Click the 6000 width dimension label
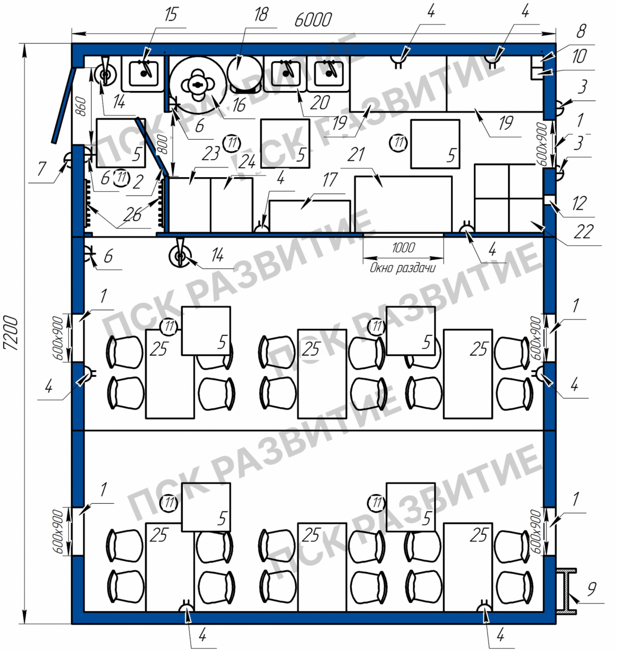click(313, 19)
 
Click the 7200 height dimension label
click(10, 333)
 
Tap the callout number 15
click(171, 15)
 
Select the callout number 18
click(261, 15)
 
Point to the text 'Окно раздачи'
click(402, 268)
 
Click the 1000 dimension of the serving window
click(403, 248)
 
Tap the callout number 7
click(41, 168)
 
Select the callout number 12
click(579, 203)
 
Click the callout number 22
click(583, 231)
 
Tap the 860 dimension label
click(81, 107)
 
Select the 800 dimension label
click(163, 145)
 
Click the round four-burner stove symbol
click(198, 85)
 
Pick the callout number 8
click(582, 31)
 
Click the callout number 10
click(579, 56)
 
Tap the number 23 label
click(211, 154)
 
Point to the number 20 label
click(320, 103)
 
